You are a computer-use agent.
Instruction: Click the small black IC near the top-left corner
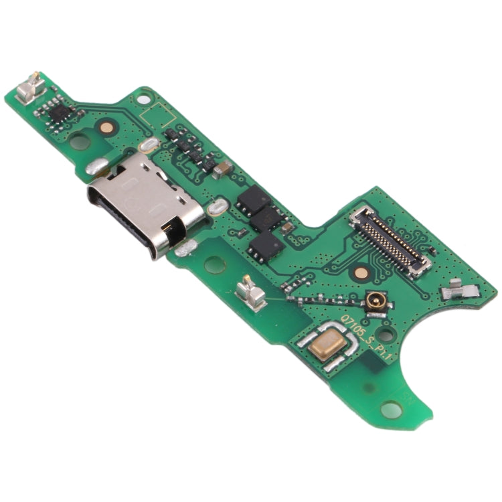pyautogui.click(x=59, y=112)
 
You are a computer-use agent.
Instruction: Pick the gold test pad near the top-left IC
pyautogui.click(x=106, y=125)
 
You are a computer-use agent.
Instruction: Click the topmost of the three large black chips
pyautogui.click(x=255, y=198)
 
